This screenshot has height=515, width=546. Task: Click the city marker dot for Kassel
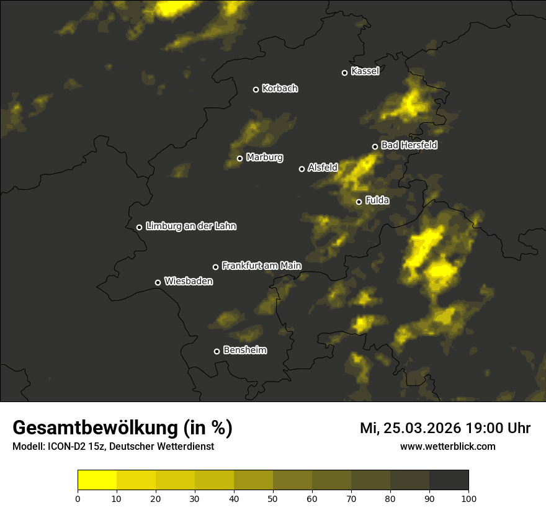(x=344, y=73)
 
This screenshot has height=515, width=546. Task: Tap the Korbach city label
(x=280, y=89)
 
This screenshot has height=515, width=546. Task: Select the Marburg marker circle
(x=239, y=158)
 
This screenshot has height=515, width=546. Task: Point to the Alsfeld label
(x=323, y=168)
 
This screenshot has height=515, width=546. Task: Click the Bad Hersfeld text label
(x=409, y=145)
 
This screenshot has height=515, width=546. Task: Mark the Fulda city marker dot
(x=359, y=202)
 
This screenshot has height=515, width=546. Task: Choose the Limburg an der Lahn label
(x=191, y=226)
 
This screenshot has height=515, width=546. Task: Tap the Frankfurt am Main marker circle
(x=215, y=267)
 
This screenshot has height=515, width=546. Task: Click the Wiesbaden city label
(x=189, y=282)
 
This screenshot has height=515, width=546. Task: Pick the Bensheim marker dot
(x=217, y=351)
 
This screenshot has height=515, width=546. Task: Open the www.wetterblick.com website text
(x=448, y=446)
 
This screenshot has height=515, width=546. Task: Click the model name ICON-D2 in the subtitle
(x=69, y=447)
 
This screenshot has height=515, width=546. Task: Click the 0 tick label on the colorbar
(x=78, y=498)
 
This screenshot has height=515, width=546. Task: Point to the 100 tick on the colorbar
(x=468, y=498)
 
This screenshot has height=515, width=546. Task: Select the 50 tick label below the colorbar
(x=273, y=498)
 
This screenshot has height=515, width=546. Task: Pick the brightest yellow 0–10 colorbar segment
(x=97, y=480)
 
